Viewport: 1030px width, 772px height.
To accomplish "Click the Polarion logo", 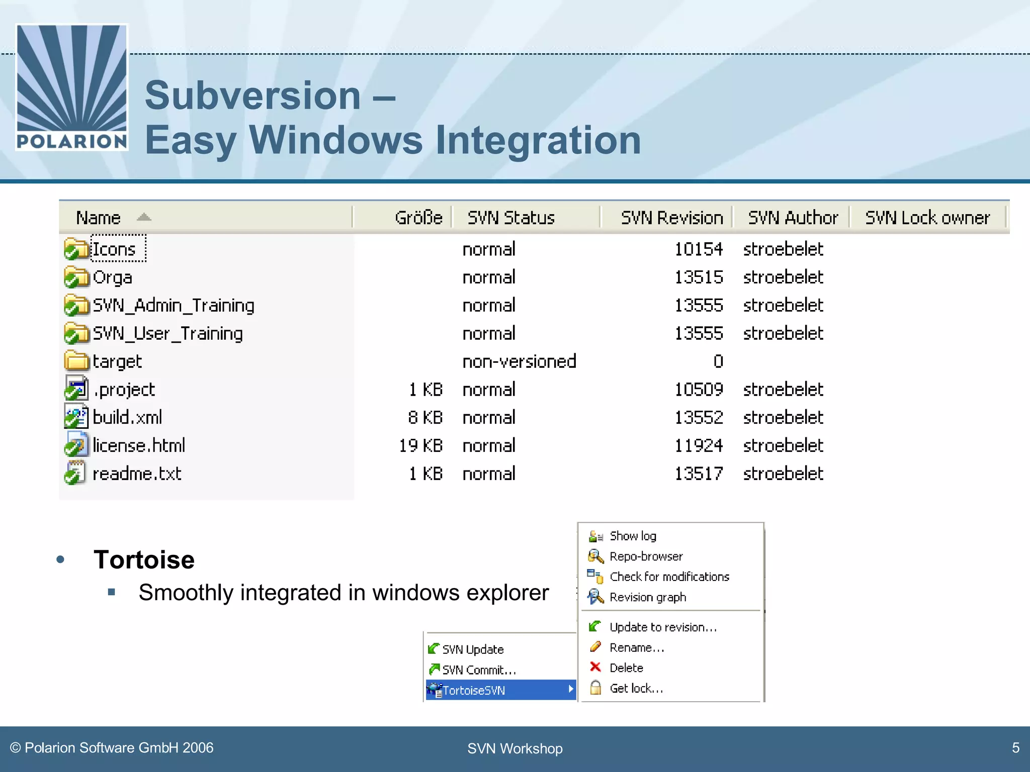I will pos(72,87).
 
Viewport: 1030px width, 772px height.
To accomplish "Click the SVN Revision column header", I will pos(671,218).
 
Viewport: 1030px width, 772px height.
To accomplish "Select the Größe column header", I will pos(418,218).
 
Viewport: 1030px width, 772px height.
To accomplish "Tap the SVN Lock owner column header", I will pos(927,218).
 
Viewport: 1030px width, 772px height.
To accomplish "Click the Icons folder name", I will pos(115,249).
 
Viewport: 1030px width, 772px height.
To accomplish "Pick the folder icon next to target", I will pos(76,361).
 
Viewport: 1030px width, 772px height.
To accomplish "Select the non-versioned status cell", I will pos(519,361).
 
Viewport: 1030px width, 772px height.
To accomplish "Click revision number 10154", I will pos(698,249).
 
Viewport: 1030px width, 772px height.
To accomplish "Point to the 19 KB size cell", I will pos(420,446).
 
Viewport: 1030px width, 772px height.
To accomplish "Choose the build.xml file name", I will pos(127,418).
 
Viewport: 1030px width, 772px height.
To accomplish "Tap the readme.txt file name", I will pos(137,474).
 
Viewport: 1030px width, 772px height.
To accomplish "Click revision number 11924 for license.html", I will pos(698,446).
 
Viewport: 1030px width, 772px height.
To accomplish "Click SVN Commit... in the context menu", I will pos(479,670).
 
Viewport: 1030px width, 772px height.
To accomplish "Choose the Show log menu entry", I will pos(633,536).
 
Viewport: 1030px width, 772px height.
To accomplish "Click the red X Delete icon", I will pos(595,667).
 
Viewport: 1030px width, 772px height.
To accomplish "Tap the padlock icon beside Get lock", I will pos(595,688).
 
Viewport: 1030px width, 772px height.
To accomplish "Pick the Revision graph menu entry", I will pos(647,597).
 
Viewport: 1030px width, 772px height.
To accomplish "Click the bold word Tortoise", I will pos(144,560).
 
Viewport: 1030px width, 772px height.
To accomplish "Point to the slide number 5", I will pos(1015,748).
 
